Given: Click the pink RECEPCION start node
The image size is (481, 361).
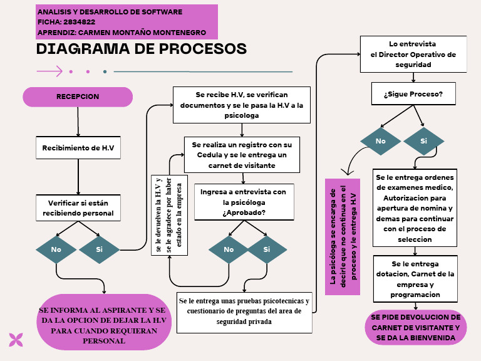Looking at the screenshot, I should pyautogui.click(x=78, y=97).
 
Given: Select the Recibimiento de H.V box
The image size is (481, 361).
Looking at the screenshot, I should pyautogui.click(x=78, y=149).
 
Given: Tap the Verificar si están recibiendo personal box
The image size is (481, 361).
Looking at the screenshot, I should pyautogui.click(x=78, y=208).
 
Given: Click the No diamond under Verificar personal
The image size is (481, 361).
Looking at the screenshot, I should pyautogui.click(x=56, y=249).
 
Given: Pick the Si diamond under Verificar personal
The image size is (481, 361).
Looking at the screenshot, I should pyautogui.click(x=99, y=249).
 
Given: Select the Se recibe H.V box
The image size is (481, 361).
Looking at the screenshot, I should pyautogui.click(x=242, y=105).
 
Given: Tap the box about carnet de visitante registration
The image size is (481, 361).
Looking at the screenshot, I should pyautogui.click(x=242, y=155).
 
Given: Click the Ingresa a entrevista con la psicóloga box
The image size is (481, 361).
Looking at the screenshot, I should pyautogui.click(x=244, y=202).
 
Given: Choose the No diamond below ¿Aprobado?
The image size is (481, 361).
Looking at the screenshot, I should pyautogui.click(x=229, y=249).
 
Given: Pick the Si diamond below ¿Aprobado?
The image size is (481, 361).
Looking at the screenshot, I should pyautogui.click(x=267, y=249).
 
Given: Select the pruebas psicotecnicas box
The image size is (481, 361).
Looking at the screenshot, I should pyautogui.click(x=244, y=312).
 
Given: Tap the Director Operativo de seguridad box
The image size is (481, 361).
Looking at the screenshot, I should pyautogui.click(x=413, y=54).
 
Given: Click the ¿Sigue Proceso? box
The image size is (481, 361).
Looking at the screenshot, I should pyautogui.click(x=413, y=94).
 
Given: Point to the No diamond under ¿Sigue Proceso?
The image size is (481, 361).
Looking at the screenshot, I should pyautogui.click(x=380, y=141).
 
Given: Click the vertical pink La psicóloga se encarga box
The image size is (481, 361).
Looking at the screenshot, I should pyautogui.click(x=343, y=237).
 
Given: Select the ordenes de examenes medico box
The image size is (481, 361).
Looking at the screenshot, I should pyautogui.click(x=415, y=208).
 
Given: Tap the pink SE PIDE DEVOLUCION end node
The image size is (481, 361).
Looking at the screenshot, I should pyautogui.click(x=416, y=328).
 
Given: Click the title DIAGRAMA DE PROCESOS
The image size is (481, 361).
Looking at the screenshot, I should pyautogui.click(x=142, y=49).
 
